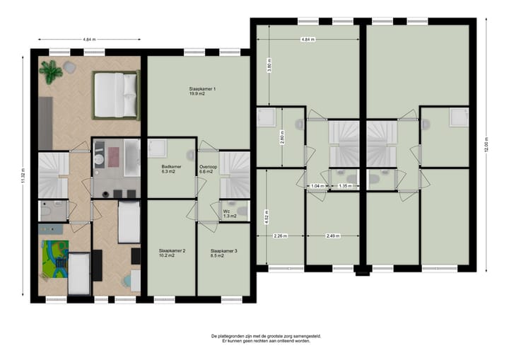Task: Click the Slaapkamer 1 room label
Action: click(199, 91)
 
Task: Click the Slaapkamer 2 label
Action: click(172, 253)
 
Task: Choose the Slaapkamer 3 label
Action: click(223, 253)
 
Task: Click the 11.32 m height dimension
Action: click(23, 175)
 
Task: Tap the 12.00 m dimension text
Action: click(487, 146)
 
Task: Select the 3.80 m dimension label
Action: click(268, 65)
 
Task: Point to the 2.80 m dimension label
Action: click(282, 137)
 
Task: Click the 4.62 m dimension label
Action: click(265, 216)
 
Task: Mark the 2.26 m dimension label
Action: click(280, 236)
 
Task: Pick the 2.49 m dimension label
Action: click(334, 236)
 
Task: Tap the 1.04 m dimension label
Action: click(317, 187)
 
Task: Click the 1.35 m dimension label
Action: click(345, 187)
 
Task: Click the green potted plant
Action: click(51, 71)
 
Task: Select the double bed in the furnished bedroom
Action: click(115, 95)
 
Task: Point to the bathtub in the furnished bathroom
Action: click(132, 155)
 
